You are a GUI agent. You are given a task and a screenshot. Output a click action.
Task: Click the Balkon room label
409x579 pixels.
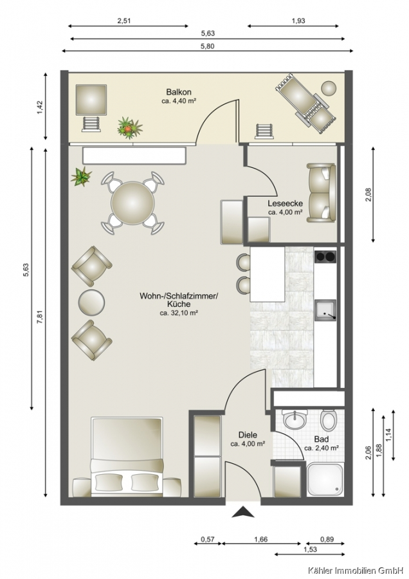pyautogui.click(x=179, y=92)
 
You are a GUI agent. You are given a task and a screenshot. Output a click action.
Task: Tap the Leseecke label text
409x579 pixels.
pyautogui.click(x=286, y=203)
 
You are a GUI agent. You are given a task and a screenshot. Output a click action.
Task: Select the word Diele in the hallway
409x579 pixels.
pyautogui.click(x=248, y=435)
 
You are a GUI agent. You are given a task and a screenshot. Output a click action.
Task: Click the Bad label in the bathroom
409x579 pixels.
pyautogui.click(x=322, y=439)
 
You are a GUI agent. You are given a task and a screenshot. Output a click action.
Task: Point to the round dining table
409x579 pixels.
pyautogui.click(x=133, y=203)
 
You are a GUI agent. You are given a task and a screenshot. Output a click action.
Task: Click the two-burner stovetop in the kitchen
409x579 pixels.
pyautogui.click(x=325, y=257)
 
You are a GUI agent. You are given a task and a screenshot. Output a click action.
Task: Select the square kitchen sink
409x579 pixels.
pyautogui.click(x=325, y=310)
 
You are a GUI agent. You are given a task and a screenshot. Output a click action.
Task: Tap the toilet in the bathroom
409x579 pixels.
pyautogui.click(x=329, y=419)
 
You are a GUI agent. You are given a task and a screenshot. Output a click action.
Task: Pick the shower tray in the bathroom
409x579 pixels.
pyautogui.click(x=325, y=479)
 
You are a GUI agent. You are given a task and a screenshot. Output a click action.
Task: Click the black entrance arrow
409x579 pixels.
pyautogui.click(x=243, y=512)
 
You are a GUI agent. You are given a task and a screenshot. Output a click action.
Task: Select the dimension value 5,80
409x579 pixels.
pyautogui.click(x=208, y=46)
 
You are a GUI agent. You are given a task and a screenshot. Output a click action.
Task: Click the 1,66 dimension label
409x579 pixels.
pyautogui.click(x=260, y=540)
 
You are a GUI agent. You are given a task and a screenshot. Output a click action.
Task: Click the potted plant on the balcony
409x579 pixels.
pyautogui.click(x=129, y=127)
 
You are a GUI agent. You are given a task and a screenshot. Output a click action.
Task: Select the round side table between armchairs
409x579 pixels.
pyautogui.click(x=91, y=302)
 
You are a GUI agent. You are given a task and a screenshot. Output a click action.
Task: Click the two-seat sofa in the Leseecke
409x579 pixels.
pyautogui.click(x=321, y=193)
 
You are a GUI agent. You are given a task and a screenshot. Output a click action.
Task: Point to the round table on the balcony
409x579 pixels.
pyautogui.click(x=329, y=88)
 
